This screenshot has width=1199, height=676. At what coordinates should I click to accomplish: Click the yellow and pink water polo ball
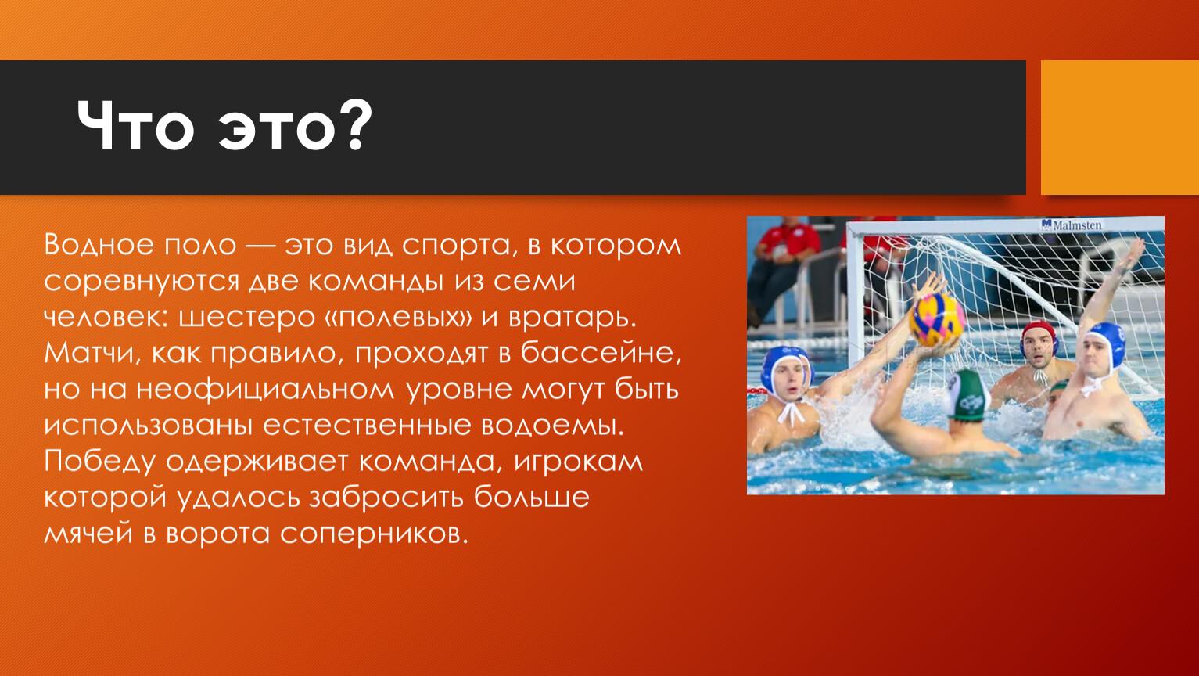pos(938,319)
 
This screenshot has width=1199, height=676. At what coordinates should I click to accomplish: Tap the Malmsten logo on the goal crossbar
pos(1072,225)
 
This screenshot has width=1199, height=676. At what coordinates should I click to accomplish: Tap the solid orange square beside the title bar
pos(1120,128)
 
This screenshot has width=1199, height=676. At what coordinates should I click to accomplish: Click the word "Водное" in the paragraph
pos(98,245)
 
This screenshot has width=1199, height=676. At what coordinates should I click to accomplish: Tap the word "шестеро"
pos(246,318)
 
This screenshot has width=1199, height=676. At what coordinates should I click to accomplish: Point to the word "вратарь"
pos(572,318)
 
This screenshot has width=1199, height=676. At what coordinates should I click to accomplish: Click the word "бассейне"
pos(601,352)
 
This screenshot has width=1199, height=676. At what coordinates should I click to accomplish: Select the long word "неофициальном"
pos(265,390)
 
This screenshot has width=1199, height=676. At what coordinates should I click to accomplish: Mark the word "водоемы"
pos(552,426)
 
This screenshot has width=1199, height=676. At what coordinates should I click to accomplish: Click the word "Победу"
pos(99,462)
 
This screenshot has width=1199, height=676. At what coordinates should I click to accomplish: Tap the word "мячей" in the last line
pos(88,534)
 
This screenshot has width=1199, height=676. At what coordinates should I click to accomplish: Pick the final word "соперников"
pos(374,534)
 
